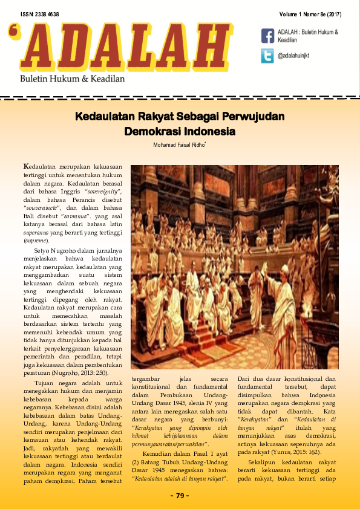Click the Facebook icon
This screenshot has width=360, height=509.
(x=267, y=36)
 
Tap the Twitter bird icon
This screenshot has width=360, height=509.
(x=267, y=56)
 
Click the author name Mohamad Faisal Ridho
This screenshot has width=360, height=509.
(x=179, y=145)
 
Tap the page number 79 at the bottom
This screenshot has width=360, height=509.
(x=180, y=496)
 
